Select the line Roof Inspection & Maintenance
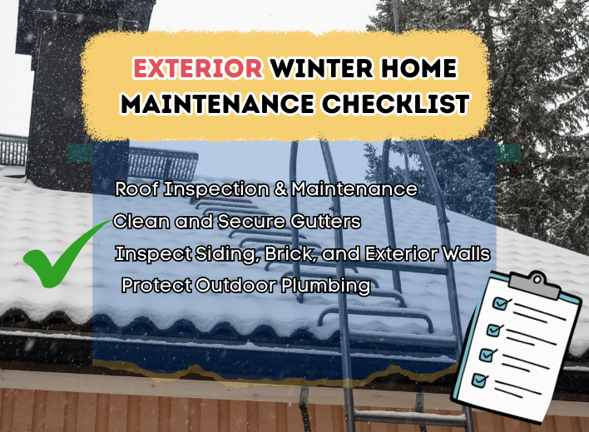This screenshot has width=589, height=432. pyautogui.click(x=266, y=189)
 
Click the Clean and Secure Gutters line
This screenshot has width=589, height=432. pyautogui.click(x=237, y=222)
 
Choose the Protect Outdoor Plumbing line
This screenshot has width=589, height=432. pyautogui.click(x=245, y=286)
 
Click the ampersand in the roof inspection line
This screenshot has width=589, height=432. pyautogui.click(x=280, y=189)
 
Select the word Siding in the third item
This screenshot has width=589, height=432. pyautogui.click(x=226, y=253)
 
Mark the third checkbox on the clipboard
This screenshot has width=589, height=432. pyautogui.click(x=488, y=355)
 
